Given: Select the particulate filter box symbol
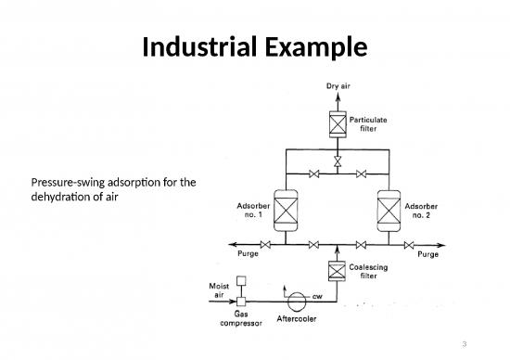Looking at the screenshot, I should tap(337, 123).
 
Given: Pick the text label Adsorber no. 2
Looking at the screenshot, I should tap(429, 211).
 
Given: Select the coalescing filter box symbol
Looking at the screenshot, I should tap(337, 272).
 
